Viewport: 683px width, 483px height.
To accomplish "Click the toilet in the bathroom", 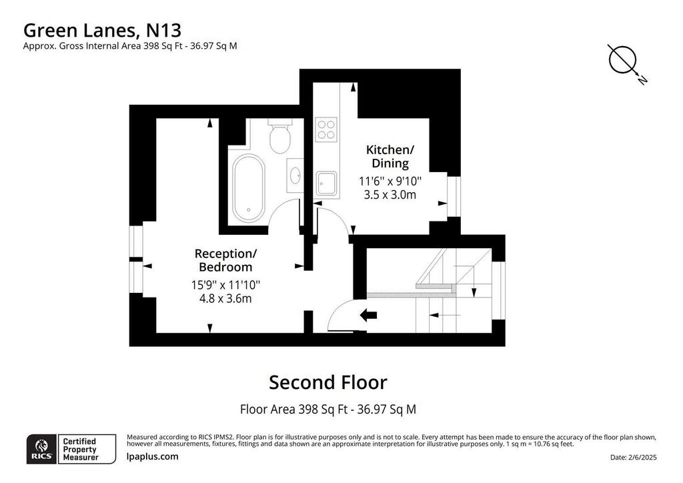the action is coord(279,135).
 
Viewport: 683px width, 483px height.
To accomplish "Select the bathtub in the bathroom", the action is coord(248,187).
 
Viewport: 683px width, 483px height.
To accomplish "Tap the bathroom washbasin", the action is coord(295,175).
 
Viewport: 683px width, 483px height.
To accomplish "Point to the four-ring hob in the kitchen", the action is coord(327,129).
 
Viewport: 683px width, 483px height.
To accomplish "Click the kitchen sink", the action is coord(327,183).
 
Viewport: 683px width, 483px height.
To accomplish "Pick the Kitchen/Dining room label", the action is coord(390,156).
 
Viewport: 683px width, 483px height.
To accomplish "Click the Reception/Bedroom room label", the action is coord(225,260).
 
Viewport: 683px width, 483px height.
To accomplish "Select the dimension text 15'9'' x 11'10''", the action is coord(225,285).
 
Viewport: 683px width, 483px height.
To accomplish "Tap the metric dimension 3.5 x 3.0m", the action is coord(390,195).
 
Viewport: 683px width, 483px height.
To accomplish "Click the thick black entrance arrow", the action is coord(368,316).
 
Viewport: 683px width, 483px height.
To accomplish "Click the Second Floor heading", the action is coord(328,382).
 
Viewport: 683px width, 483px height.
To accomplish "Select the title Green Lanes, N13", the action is coord(102,31).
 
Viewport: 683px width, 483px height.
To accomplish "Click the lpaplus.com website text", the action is coord(152,456).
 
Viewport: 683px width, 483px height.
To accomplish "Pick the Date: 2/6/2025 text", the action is coord(634,457).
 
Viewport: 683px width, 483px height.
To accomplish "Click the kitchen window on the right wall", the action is coord(454,196).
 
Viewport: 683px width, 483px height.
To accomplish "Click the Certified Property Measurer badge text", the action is coord(80,449).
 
